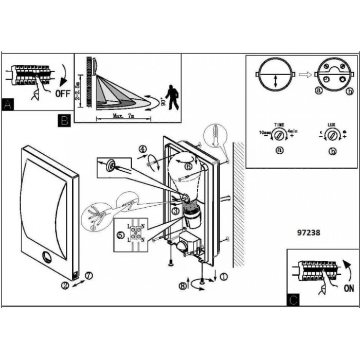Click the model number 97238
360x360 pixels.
coord(309,232)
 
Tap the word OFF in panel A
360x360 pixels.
coord(63,94)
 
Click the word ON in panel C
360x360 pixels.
coord(348,289)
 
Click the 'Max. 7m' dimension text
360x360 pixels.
coord(124,116)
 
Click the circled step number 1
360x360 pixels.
coord(223,277)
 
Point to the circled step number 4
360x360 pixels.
coord(142,150)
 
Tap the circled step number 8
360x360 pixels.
coord(183,286)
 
